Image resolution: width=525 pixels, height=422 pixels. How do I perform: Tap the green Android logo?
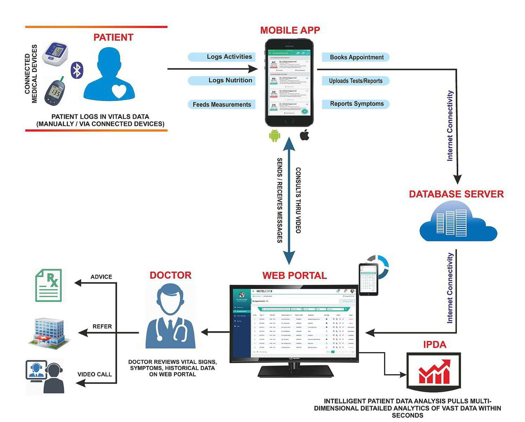tap(274, 135)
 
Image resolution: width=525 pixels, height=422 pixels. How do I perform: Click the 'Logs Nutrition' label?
tap(230, 81)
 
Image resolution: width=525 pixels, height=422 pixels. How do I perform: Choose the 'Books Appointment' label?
tap(356, 57)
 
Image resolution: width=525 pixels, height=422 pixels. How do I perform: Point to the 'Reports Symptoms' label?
tap(356, 104)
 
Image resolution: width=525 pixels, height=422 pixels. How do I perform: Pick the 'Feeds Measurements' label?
tap(222, 104)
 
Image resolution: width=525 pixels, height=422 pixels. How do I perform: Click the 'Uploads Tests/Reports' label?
tap(356, 81)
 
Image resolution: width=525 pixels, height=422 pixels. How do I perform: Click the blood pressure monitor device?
tap(55, 54)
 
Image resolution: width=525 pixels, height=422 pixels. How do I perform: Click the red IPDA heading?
tap(435, 344)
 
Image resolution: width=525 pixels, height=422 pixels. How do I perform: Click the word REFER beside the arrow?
tap(102, 326)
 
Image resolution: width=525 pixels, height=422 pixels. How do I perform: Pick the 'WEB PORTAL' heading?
tap(295, 275)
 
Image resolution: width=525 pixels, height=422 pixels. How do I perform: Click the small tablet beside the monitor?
tap(368, 279)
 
